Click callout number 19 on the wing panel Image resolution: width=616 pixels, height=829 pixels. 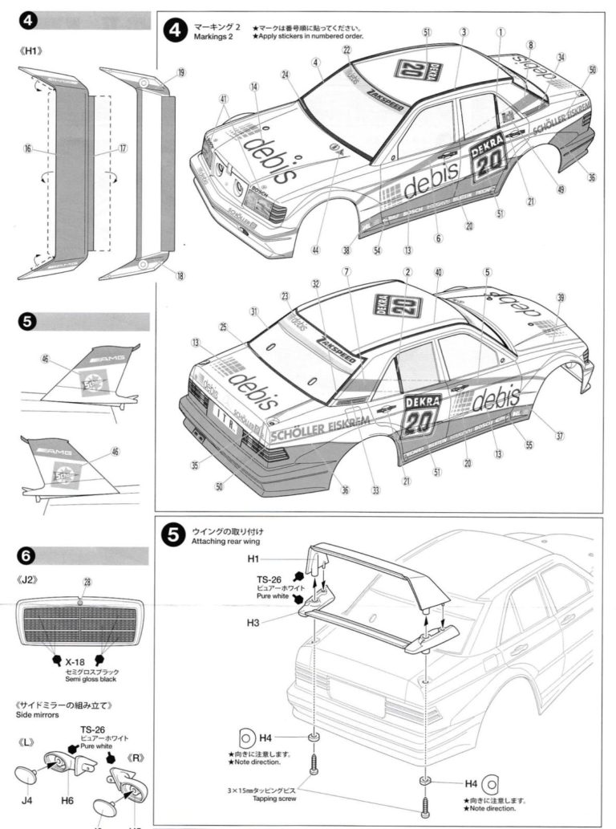[180, 73]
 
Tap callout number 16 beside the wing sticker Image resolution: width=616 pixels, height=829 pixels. [27, 148]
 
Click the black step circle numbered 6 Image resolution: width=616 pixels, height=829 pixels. [26, 555]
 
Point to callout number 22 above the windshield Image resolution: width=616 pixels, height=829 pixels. [346, 50]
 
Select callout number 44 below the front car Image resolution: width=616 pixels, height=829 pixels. [316, 250]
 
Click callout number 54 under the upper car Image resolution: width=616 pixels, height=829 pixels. [377, 250]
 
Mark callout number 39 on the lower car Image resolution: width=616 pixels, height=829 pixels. [561, 298]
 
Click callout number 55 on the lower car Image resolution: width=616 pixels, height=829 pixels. [528, 443]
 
